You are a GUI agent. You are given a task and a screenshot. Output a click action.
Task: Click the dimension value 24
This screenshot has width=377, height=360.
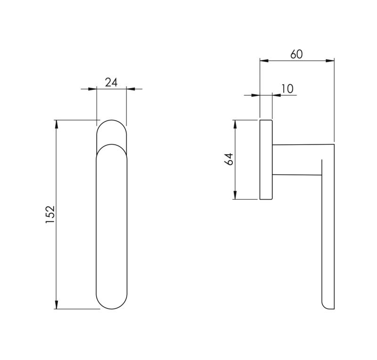pyautogui.click(x=111, y=82)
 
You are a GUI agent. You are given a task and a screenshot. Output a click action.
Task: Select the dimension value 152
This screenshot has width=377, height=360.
pyautogui.click(x=50, y=214)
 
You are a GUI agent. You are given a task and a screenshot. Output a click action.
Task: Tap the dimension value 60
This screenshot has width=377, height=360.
pyautogui.click(x=296, y=54)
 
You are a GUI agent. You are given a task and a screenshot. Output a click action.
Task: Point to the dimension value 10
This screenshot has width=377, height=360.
pyautogui.click(x=287, y=89)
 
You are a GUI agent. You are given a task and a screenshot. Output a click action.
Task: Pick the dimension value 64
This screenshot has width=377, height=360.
pyautogui.click(x=229, y=159)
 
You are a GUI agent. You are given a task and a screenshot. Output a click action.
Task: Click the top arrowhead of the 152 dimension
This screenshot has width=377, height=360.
pyautogui.click(x=56, y=124)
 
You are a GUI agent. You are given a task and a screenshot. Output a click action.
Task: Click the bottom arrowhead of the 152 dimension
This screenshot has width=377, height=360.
pyautogui.click(x=56, y=304)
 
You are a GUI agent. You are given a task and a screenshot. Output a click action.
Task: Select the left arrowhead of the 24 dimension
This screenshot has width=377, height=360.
pyautogui.click(x=92, y=89)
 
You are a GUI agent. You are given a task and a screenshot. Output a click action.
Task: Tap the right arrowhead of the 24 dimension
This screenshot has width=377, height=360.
pyautogui.click(x=131, y=89)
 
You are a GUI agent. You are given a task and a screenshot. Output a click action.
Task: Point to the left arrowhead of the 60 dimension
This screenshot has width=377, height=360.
pyautogui.click(x=264, y=61)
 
